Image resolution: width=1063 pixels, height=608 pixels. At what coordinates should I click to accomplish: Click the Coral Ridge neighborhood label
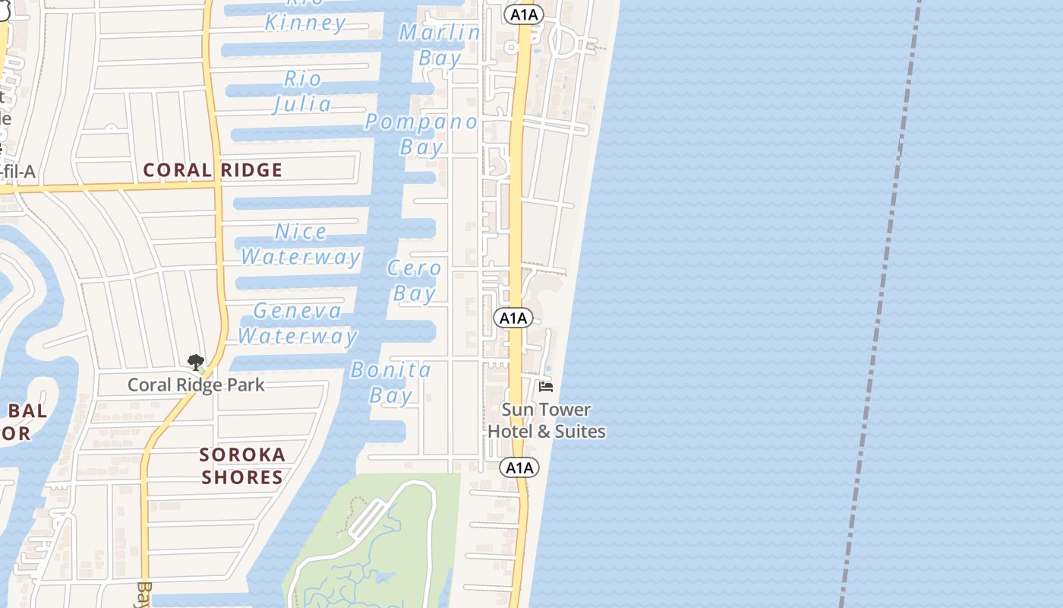click(213, 170)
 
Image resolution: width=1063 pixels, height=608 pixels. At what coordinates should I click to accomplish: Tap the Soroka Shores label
click(242, 466)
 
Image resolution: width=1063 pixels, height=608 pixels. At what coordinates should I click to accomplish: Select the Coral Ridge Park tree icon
click(196, 362)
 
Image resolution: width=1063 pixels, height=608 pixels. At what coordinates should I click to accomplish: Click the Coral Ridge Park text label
click(196, 385)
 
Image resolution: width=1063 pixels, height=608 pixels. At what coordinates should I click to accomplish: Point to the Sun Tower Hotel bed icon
click(545, 387)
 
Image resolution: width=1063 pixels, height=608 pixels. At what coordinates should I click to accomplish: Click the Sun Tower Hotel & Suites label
click(546, 420)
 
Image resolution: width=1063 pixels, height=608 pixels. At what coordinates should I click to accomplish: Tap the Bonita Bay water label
click(391, 382)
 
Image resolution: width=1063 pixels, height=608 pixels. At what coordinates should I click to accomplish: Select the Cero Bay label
click(414, 280)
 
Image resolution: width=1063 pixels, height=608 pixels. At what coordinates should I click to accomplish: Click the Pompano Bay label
click(422, 134)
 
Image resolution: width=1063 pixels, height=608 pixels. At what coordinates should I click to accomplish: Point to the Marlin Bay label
click(440, 45)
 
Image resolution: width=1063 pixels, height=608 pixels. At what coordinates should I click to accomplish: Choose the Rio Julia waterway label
click(302, 91)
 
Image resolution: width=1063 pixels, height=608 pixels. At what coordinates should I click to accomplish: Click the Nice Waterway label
click(301, 244)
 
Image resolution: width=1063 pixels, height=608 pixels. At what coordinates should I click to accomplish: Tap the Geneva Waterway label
click(298, 323)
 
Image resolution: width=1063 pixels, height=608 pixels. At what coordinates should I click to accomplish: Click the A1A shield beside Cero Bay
click(513, 318)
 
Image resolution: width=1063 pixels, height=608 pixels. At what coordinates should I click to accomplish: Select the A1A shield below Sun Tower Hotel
click(519, 467)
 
